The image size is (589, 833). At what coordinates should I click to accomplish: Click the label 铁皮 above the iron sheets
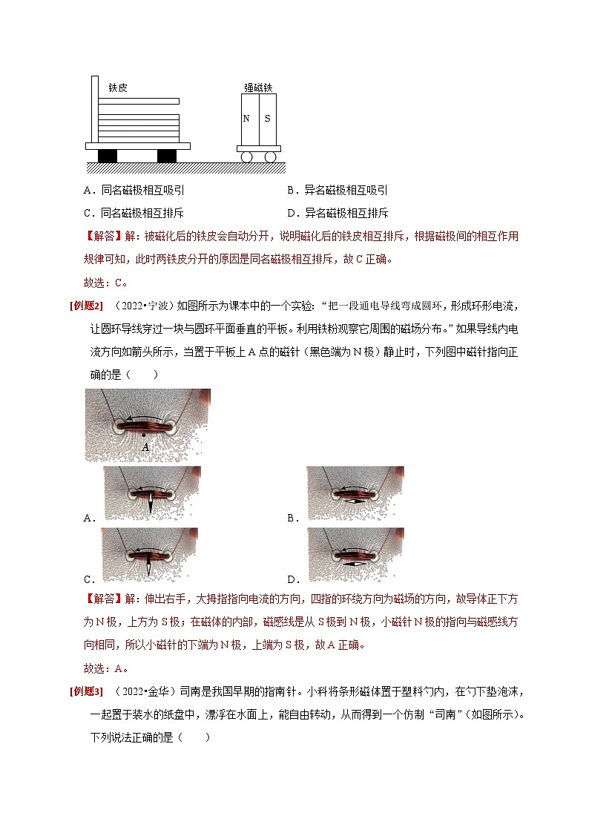point(118,88)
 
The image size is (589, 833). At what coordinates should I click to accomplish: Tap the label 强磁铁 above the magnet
point(258,88)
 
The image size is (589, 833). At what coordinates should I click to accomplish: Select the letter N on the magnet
point(247,119)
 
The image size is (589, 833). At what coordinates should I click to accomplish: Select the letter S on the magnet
point(267,119)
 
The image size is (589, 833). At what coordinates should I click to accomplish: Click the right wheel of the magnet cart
point(270,157)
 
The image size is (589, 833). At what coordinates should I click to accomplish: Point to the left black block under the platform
point(108,156)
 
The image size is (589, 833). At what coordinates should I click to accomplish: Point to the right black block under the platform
point(167,156)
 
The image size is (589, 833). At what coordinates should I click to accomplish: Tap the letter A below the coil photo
point(145,447)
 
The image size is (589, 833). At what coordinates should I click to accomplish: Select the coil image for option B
point(355,493)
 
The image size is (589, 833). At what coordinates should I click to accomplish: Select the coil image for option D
point(355,554)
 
